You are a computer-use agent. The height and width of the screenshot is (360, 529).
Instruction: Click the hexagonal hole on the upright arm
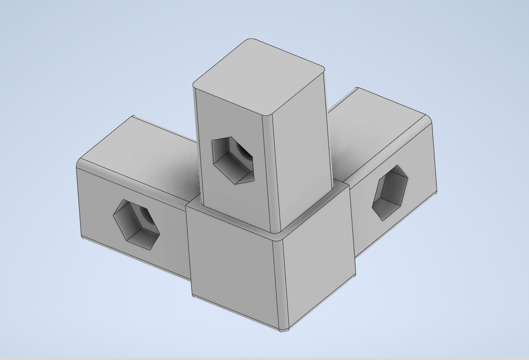pos(233,160)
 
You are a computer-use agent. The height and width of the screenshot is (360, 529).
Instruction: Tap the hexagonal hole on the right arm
pos(390,193)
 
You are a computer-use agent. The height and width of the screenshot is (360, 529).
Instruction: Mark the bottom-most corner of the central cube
pos(284,330)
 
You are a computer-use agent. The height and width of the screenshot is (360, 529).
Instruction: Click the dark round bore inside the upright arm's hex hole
pos(246,153)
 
